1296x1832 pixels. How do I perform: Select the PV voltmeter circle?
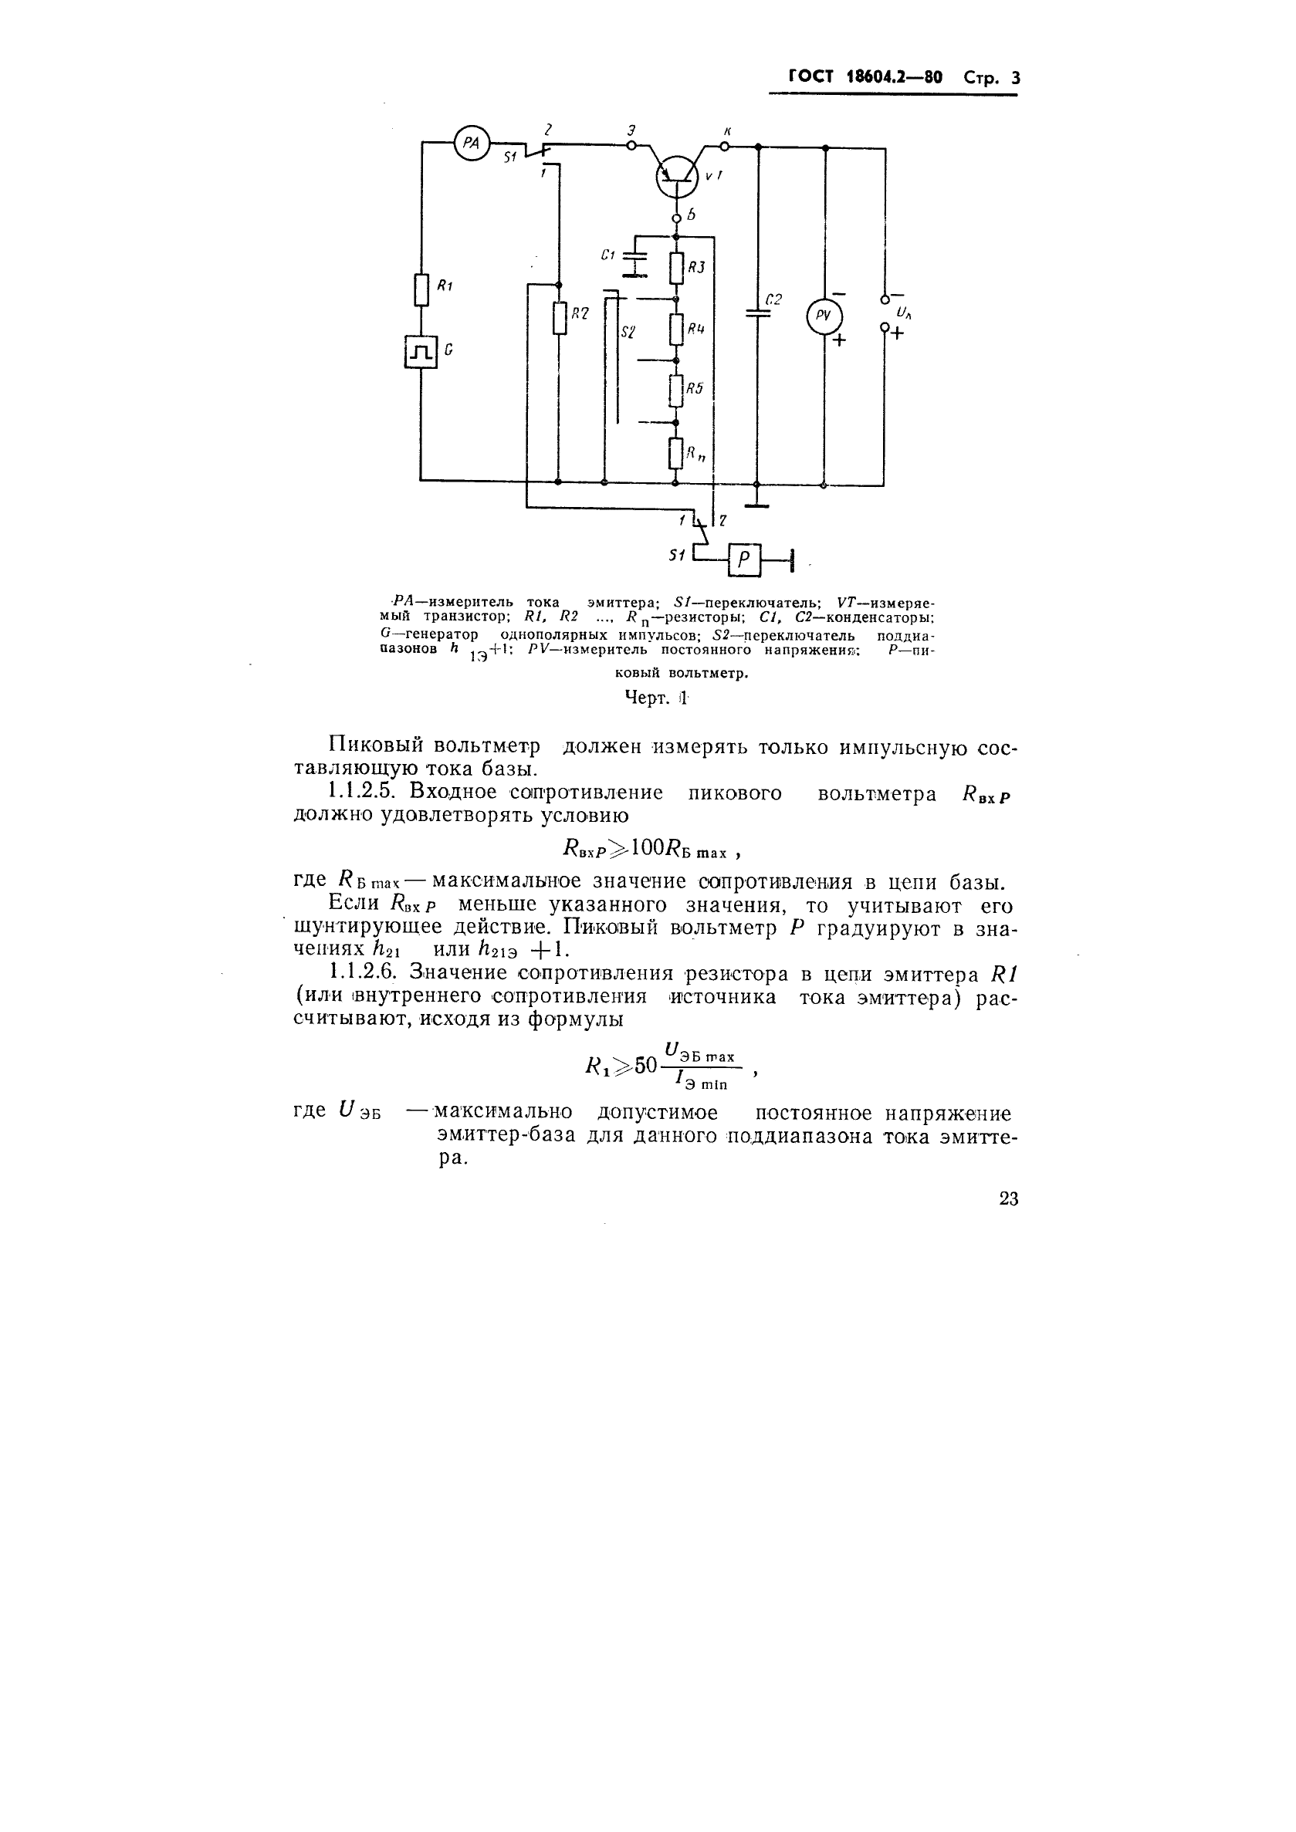pos(824,316)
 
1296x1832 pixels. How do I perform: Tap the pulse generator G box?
pos(421,351)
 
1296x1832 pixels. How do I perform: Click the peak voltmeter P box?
pos(744,560)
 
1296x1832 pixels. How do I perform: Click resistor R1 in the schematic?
pos(421,289)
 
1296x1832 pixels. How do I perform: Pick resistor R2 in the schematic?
pos(559,318)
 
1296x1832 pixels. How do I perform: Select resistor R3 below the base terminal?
pos(676,268)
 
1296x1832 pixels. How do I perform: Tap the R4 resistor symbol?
pos(676,329)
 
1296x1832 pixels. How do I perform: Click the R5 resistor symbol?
pos(676,390)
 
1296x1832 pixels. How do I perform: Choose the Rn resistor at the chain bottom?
pos(676,454)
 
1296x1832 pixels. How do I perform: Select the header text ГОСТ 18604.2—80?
pos(865,77)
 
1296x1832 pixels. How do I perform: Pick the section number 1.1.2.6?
pos(367,972)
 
